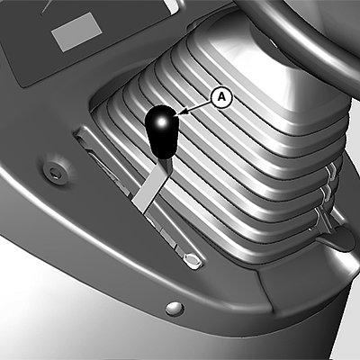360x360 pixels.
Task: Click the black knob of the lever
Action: coord(161,131)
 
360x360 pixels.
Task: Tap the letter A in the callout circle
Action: coord(221,96)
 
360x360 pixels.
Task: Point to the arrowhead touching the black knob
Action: coord(182,112)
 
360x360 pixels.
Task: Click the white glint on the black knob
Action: coord(161,121)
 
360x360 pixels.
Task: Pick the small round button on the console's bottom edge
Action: coord(175,308)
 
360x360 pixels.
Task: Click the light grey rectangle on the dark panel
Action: coord(76,31)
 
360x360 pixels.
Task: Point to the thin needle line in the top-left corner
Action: coord(48,6)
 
